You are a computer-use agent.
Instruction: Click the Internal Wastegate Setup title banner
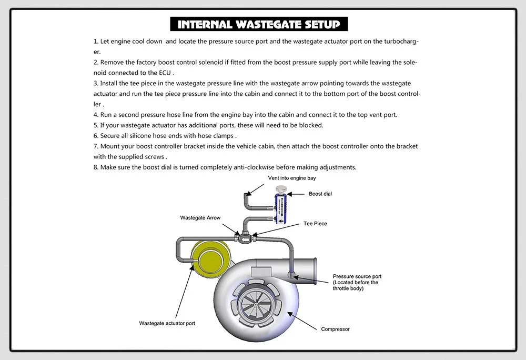pos(258,24)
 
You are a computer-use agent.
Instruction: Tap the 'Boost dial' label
pos(320,194)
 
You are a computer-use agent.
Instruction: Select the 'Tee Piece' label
pos(315,224)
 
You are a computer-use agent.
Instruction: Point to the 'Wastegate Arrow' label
pos(200,217)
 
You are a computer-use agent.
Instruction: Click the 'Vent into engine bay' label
pos(292,178)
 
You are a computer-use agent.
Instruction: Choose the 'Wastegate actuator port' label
pos(167,323)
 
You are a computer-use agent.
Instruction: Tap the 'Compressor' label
pos(335,329)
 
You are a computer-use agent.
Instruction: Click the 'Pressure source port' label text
pos(357,276)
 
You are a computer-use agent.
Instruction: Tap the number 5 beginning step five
pos(96,125)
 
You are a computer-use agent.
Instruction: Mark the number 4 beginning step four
pos(96,115)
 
